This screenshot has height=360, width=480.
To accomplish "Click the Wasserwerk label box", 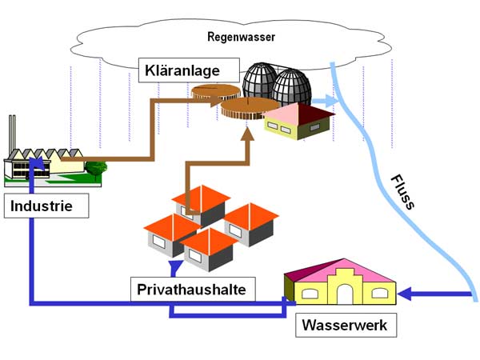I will click(x=345, y=326).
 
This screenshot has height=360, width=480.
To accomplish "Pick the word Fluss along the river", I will click(x=402, y=192).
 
